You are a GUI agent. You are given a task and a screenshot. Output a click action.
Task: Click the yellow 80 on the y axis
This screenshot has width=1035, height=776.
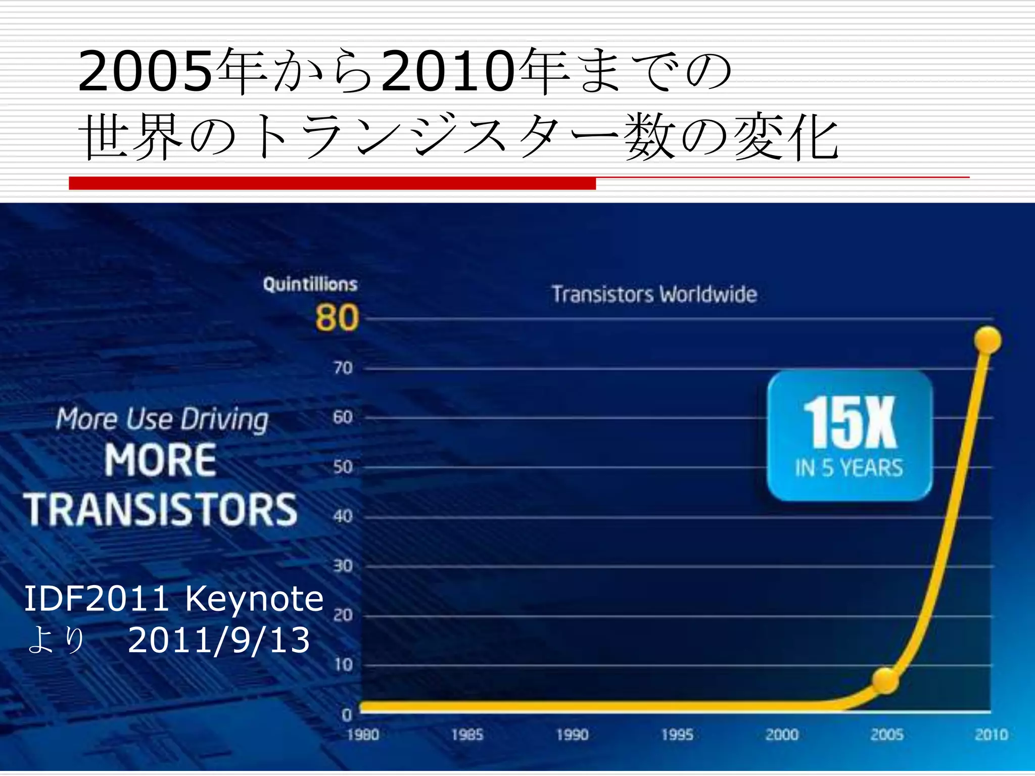point(337,318)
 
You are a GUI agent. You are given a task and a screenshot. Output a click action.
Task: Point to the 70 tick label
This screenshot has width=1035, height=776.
point(343,368)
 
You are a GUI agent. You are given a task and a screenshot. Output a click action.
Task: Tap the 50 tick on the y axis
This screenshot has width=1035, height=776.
point(343,467)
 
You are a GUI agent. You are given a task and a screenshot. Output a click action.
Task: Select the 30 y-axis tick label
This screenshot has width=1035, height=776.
point(343,566)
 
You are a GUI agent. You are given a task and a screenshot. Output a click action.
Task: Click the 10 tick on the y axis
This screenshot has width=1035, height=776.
point(343,665)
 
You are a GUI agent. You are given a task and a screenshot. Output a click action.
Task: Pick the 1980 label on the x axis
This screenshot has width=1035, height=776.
point(363,735)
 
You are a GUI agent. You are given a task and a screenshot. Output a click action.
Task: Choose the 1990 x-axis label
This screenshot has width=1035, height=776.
point(572,735)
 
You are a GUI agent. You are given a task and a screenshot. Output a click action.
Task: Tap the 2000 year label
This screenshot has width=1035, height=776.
point(782,735)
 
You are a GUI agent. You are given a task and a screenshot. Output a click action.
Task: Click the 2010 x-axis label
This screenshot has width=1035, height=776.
point(991,735)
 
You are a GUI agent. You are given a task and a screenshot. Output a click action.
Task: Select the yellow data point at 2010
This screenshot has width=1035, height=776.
point(988,340)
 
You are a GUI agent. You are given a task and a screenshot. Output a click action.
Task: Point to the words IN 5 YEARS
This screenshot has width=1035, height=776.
point(849,468)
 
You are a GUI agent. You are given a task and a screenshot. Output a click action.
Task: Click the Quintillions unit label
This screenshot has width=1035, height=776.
point(310,284)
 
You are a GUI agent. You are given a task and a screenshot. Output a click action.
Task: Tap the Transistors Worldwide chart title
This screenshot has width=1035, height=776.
point(654,295)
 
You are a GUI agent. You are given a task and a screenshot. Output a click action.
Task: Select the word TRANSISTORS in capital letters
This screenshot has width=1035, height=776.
point(161,510)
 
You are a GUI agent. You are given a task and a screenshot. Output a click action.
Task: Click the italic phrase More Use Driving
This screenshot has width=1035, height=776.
point(162,419)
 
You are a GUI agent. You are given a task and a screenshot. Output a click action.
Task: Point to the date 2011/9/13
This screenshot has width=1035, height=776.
point(218,641)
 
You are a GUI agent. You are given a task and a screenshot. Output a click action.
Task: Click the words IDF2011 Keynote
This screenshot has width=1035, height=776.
point(173,599)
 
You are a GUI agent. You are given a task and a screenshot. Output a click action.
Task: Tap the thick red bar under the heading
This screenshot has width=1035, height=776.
point(332,183)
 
